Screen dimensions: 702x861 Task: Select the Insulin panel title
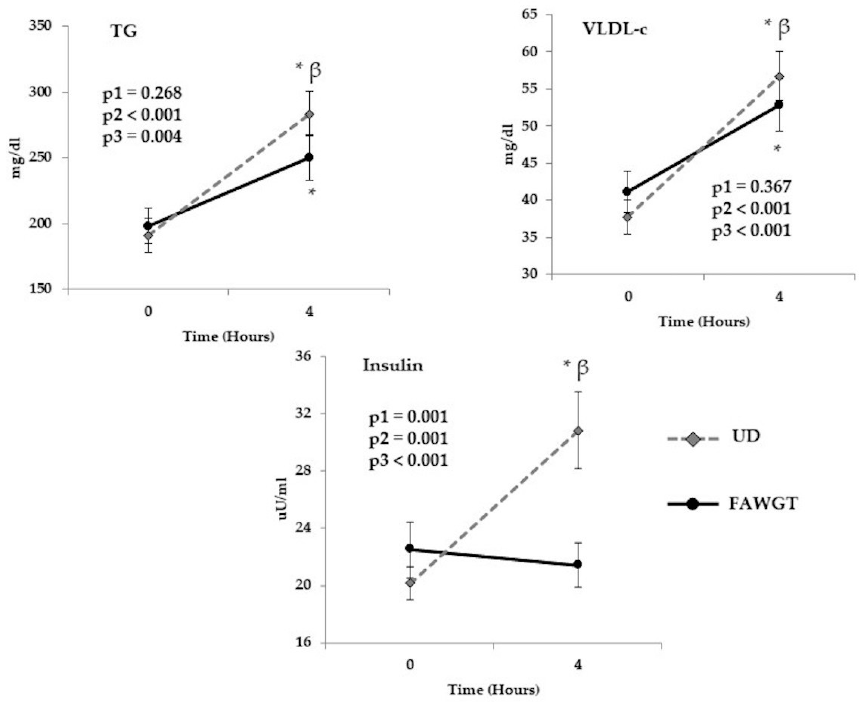(393, 366)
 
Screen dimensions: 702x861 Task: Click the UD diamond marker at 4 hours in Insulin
(578, 431)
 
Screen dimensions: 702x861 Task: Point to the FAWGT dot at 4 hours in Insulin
(578, 564)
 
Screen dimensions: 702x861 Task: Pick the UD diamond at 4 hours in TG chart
(309, 114)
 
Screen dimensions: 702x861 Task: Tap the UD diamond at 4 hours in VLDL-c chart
(779, 77)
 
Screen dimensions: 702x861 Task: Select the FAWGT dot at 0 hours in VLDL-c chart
(627, 191)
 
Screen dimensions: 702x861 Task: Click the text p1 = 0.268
(142, 93)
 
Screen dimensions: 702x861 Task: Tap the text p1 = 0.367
(751, 187)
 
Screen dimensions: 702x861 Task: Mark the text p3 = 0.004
(142, 137)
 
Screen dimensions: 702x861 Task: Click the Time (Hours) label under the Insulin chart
(493, 689)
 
